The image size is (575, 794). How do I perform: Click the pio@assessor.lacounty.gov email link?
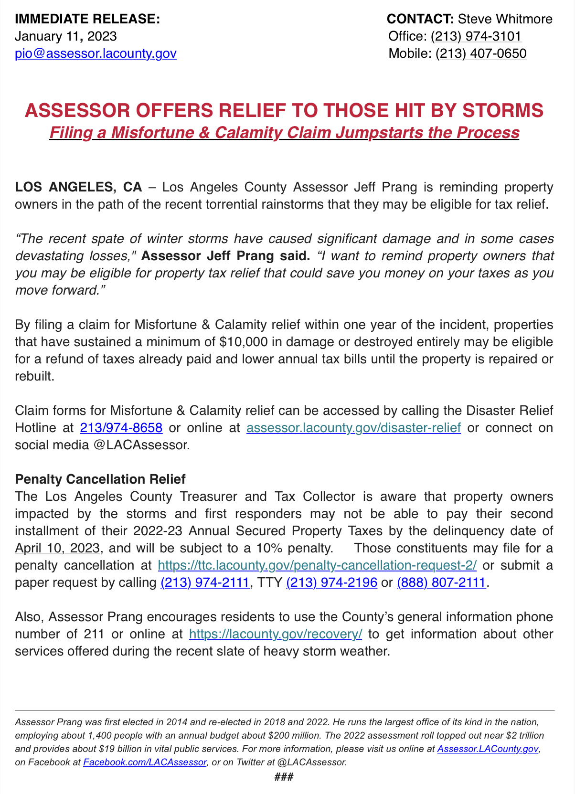[96, 53]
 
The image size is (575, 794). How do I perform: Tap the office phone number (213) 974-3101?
[476, 36]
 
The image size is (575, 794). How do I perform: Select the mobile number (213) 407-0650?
[481, 53]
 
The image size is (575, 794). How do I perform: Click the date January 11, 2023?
[66, 36]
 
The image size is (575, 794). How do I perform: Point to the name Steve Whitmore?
[505, 19]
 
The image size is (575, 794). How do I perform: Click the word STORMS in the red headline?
[503, 110]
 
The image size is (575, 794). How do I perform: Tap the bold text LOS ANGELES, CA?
[78, 187]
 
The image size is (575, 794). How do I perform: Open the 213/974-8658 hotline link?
[121, 427]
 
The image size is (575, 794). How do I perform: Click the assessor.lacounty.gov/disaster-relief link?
[353, 427]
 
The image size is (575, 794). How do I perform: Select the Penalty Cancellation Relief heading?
[100, 479]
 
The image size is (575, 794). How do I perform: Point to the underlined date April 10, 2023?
[57, 548]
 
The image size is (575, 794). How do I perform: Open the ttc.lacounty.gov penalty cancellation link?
[317, 565]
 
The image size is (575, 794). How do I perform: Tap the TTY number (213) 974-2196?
[331, 582]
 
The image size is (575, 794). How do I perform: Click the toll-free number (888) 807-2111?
[441, 582]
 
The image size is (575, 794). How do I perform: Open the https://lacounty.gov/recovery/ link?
[276, 634]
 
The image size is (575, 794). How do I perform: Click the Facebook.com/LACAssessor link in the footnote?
[145, 762]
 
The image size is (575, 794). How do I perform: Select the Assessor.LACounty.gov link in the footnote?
[488, 749]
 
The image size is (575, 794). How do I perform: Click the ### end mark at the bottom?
[284, 777]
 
